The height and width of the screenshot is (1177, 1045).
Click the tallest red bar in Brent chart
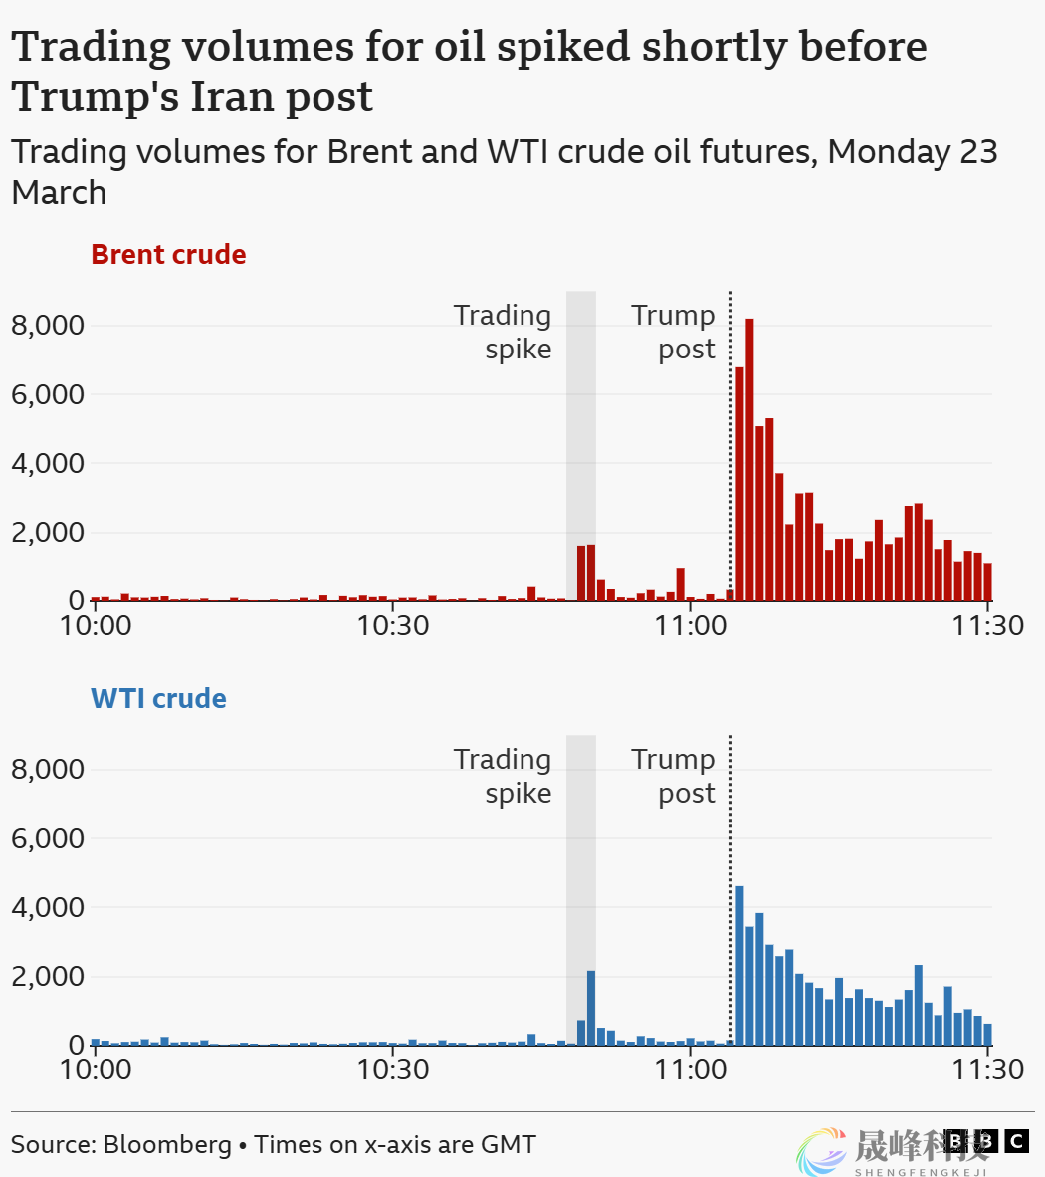pyautogui.click(x=749, y=458)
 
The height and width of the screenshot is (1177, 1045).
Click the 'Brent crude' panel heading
pyautogui.click(x=168, y=254)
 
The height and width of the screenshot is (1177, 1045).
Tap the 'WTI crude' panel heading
pyautogui.click(x=158, y=698)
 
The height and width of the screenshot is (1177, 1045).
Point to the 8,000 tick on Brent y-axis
pyautogui.click(x=48, y=326)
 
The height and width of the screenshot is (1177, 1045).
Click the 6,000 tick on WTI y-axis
pyautogui.click(x=48, y=838)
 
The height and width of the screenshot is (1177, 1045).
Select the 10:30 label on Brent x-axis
pyautogui.click(x=393, y=626)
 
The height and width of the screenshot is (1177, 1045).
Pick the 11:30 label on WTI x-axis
pyautogui.click(x=987, y=1070)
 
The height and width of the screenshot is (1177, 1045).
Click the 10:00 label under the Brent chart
pyautogui.click(x=96, y=626)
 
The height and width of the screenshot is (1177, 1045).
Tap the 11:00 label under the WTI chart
pyautogui.click(x=691, y=1070)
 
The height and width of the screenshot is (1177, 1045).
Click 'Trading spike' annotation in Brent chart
pyautogui.click(x=504, y=332)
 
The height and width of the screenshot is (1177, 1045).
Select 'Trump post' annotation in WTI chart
pyautogui.click(x=675, y=776)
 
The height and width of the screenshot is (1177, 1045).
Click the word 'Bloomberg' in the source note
pyautogui.click(x=167, y=1144)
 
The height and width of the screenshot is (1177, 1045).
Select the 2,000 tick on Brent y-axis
pyautogui.click(x=48, y=532)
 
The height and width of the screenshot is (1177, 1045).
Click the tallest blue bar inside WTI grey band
pyautogui.click(x=591, y=1008)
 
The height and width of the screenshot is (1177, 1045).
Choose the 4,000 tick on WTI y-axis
pyautogui.click(x=48, y=907)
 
